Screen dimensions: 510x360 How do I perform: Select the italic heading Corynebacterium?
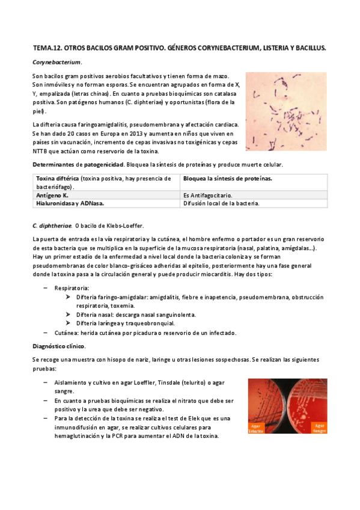coord(56,62)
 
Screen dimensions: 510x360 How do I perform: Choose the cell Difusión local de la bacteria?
coord(221,203)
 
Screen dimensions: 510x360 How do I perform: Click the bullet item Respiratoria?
coord(72,289)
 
